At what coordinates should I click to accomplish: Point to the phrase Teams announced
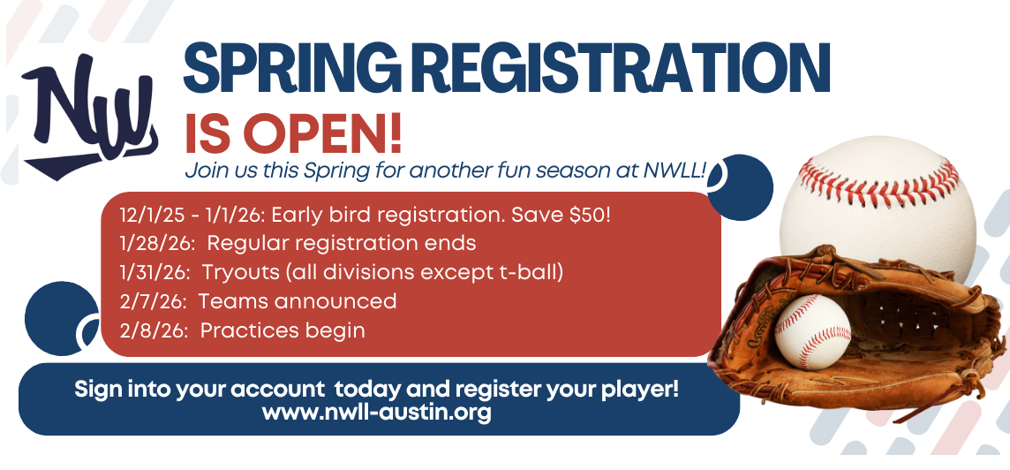click(298, 301)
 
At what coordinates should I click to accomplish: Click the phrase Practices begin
click(283, 330)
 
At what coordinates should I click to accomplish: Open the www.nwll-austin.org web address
click(377, 412)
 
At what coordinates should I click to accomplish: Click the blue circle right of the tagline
click(740, 186)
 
